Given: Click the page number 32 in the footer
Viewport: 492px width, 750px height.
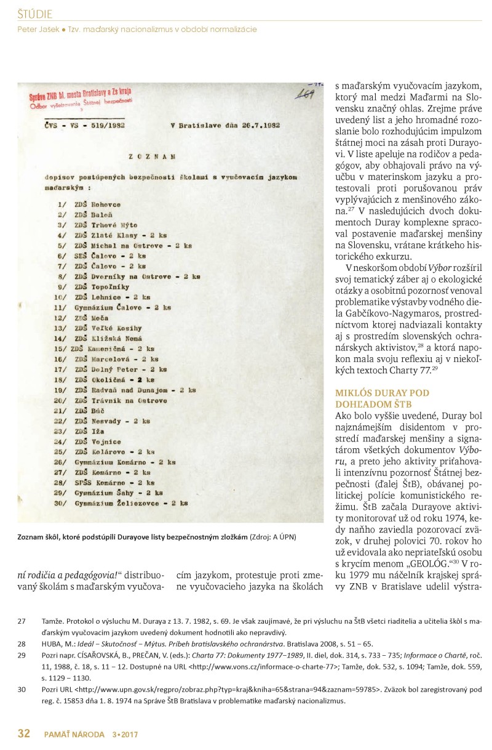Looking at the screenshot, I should [x=23, y=733].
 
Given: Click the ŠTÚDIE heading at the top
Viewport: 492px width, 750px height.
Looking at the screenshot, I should [x=34, y=14].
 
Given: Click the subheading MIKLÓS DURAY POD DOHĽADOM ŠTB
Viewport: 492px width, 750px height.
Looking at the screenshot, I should [x=381, y=398].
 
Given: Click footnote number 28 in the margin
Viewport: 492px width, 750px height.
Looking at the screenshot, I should [x=22, y=642].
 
